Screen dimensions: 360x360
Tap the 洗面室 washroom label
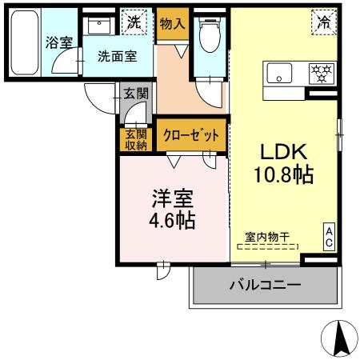pos(115,57)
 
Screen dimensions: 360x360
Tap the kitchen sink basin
pos(281,74)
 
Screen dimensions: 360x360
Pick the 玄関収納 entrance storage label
pos(135,140)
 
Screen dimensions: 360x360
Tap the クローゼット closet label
pos(191,136)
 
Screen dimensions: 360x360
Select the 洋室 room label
pos(172,196)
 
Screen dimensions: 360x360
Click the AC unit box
pos(329,236)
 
